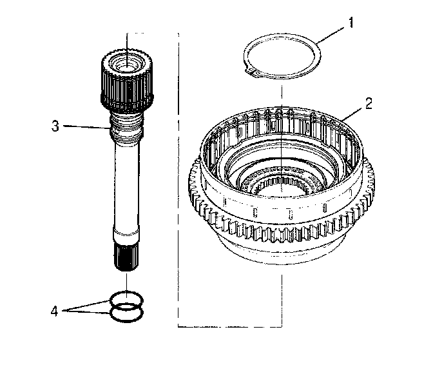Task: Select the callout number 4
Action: point(55,311)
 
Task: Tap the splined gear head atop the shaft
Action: point(127,81)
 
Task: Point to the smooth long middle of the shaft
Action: point(127,187)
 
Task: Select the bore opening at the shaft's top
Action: point(128,64)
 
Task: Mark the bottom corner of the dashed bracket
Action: point(178,326)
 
